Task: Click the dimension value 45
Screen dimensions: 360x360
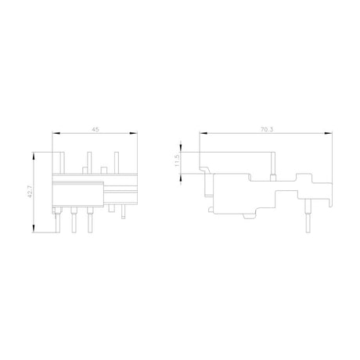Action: tap(95, 129)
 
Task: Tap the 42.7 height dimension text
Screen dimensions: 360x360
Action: tap(30, 192)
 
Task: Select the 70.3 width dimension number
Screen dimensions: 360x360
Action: tap(267, 129)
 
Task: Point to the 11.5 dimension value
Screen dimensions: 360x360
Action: tap(177, 160)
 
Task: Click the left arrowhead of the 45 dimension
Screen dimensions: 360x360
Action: tap(56, 133)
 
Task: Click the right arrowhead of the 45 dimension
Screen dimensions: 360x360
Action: tap(134, 133)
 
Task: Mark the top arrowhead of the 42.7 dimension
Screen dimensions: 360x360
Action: tap(34, 156)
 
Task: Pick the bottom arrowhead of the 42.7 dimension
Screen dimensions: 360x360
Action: tap(34, 229)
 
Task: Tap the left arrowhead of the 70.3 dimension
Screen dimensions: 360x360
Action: tap(203, 133)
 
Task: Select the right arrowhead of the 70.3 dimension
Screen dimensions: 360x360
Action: tap(329, 133)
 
